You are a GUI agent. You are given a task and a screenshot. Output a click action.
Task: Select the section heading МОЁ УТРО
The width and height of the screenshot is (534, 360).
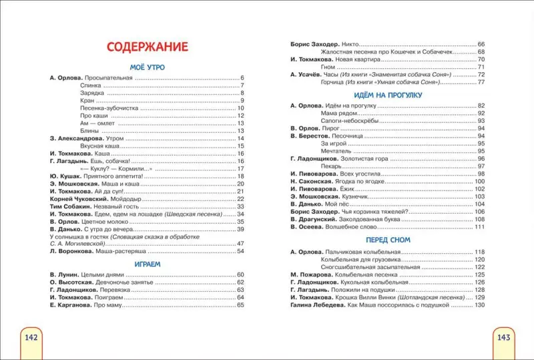click(147, 67)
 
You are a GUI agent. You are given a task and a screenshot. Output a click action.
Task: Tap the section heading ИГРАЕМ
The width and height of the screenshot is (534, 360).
click(146, 264)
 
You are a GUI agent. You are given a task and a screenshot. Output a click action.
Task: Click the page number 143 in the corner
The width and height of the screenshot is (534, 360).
click(503, 337)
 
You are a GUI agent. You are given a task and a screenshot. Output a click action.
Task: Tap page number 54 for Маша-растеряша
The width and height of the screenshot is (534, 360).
click(241, 251)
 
